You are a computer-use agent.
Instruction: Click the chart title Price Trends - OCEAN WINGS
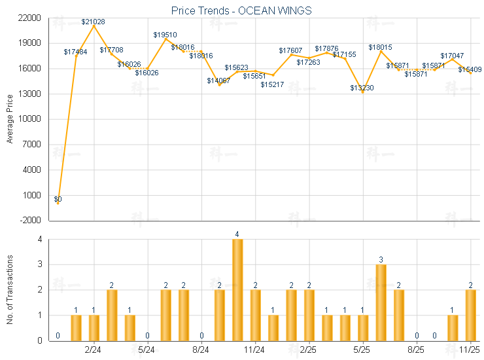pyautogui.click(x=241, y=10)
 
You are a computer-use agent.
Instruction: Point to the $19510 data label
pyautogui.click(x=165, y=34)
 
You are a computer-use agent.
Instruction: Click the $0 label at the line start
pyautogui.click(x=58, y=199)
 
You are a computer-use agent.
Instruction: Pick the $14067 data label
pyautogui.click(x=218, y=81)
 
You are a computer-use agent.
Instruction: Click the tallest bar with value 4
pyautogui.click(x=237, y=289)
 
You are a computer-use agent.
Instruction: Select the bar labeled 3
pyautogui.click(x=381, y=302)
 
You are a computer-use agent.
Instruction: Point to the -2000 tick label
pyautogui.click(x=30, y=221)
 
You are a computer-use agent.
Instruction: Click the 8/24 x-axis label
pyautogui.click(x=201, y=351)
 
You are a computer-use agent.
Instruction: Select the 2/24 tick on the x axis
pyautogui.click(x=94, y=351)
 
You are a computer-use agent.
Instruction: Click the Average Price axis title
pyautogui.click(x=10, y=119)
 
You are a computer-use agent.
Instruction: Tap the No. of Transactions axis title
pyautogui.click(x=10, y=290)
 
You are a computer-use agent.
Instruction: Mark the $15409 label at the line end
pyautogui.click(x=470, y=69)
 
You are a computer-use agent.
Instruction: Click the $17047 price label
pyautogui.click(x=452, y=56)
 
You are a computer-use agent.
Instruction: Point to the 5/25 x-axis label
pyautogui.click(x=362, y=351)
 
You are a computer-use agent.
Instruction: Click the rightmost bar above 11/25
pyautogui.click(x=470, y=315)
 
